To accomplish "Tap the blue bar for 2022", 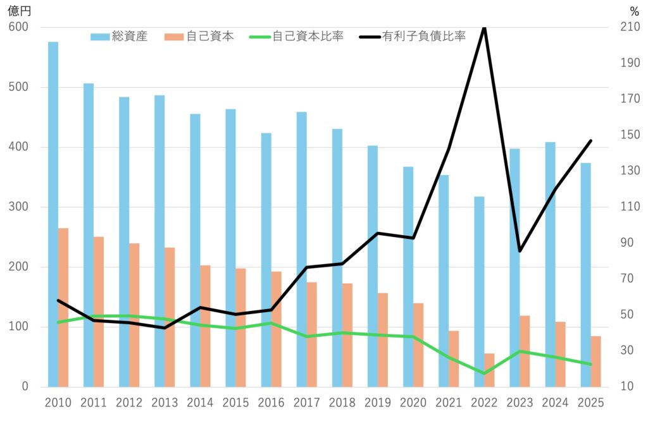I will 479,291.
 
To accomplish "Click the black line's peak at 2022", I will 484,28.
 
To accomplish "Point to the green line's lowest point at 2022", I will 484,374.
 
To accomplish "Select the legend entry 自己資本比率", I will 308,37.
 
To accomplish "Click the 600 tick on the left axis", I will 19,27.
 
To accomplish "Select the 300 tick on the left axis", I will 19,207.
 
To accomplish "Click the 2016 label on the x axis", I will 271,403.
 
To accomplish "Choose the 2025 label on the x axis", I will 591,403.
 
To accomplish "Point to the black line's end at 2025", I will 590,141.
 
